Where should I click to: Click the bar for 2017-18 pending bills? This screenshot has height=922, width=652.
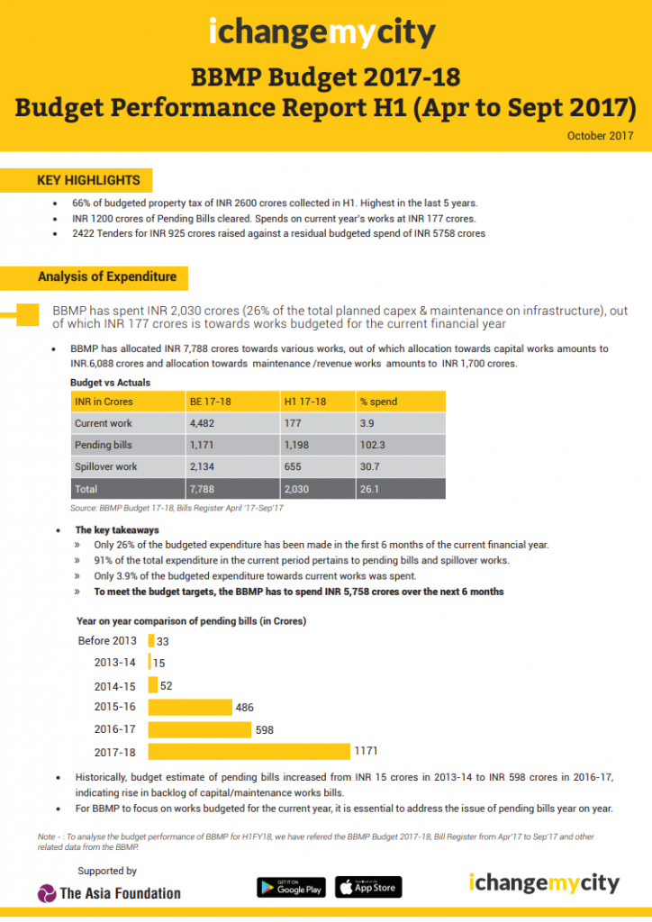(249, 751)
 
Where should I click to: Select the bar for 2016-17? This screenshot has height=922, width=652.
(201, 729)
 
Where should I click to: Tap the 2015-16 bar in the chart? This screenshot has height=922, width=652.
(189, 708)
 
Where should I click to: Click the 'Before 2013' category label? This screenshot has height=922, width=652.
(106, 641)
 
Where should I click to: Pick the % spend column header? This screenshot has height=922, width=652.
(379, 401)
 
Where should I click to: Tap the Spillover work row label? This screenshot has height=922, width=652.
(106, 466)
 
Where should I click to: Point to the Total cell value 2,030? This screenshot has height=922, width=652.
(297, 488)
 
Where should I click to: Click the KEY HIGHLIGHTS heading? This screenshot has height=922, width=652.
(88, 180)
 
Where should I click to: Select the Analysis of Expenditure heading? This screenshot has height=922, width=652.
(107, 276)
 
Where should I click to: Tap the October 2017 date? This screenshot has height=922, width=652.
(601, 135)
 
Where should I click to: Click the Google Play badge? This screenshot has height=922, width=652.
(290, 887)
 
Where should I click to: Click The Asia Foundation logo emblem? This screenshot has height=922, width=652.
(47, 893)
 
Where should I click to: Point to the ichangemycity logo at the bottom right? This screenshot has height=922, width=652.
(544, 882)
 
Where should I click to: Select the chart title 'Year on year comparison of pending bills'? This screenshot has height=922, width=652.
(191, 621)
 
